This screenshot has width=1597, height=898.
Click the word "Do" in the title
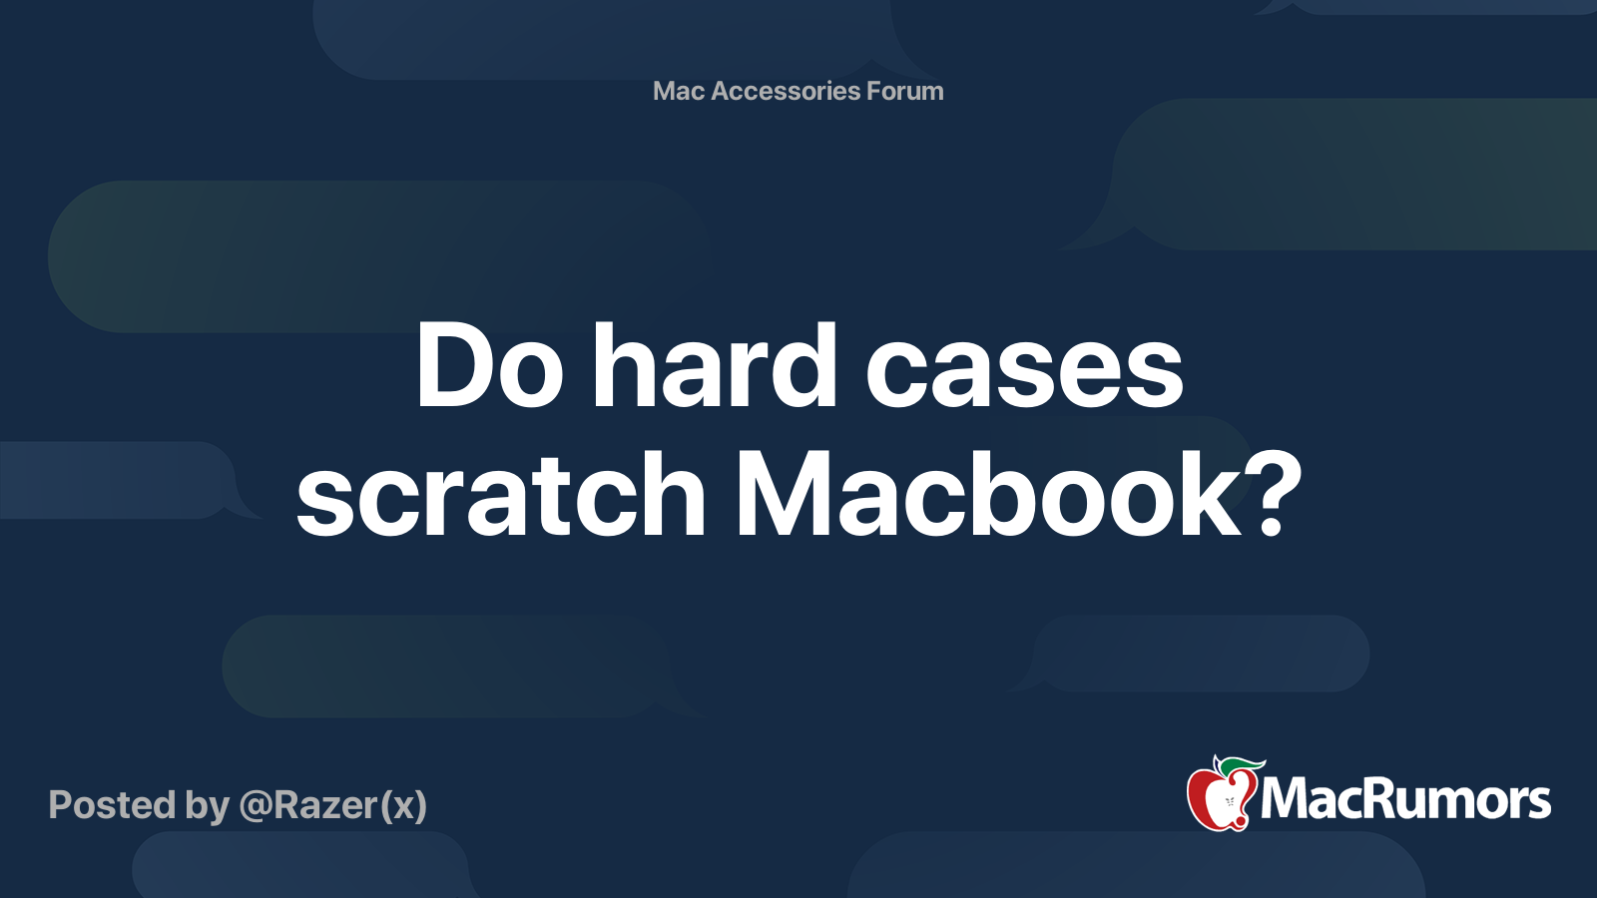click(489, 366)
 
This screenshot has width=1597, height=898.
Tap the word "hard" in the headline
click(715, 366)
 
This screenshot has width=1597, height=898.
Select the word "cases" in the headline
click(1024, 366)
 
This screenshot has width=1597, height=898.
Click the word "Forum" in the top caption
click(904, 91)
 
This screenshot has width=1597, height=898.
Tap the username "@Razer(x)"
click(333, 805)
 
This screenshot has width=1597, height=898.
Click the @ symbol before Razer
click(255, 806)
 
